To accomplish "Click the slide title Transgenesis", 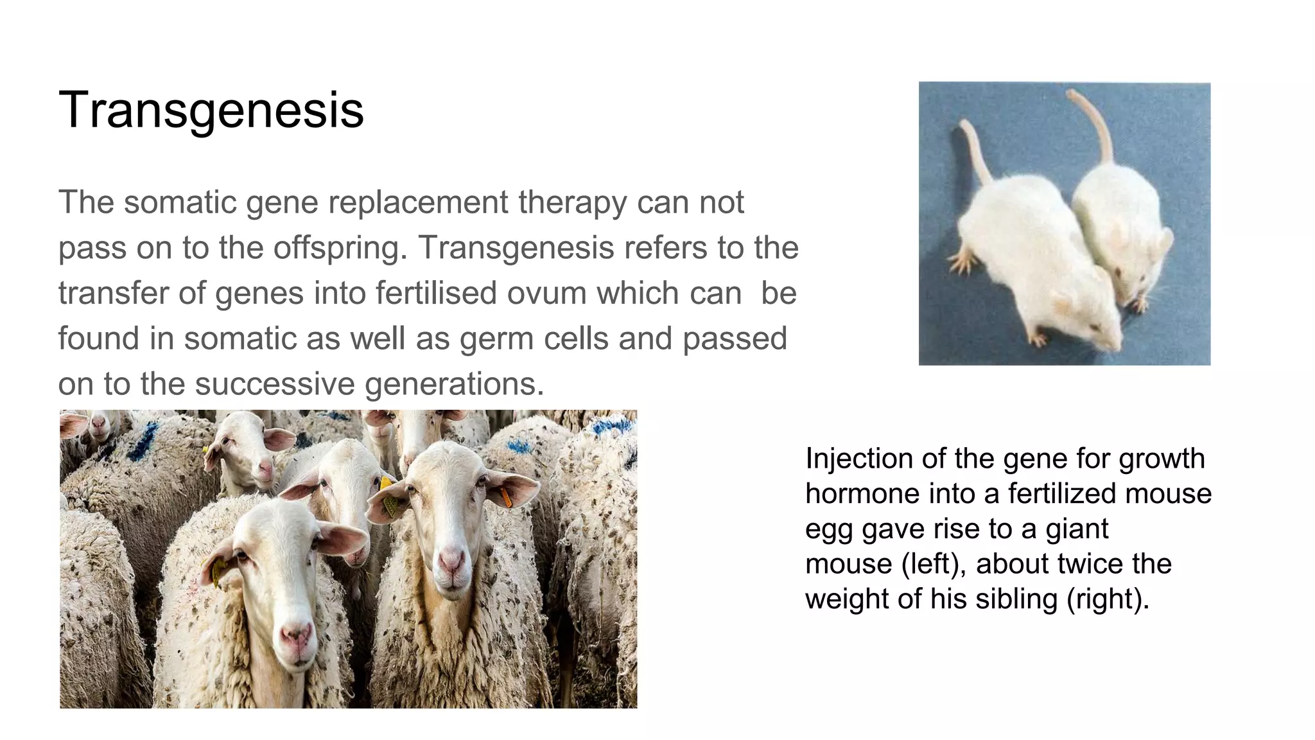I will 211,110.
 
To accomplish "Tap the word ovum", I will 546,293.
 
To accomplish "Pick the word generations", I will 454,384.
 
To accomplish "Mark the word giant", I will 1077,529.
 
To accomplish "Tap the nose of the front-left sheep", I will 295,636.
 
